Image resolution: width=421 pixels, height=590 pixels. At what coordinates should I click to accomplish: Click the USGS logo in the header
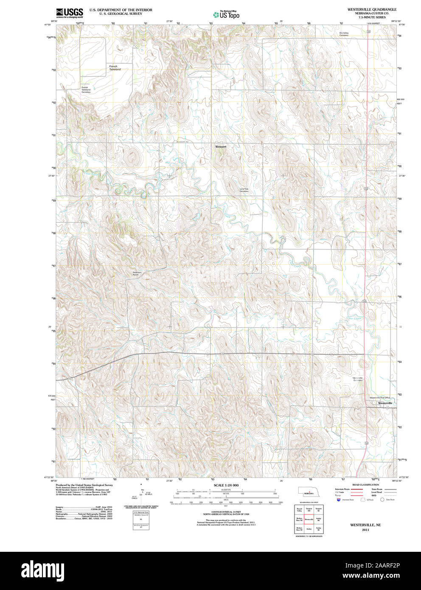click(x=70, y=13)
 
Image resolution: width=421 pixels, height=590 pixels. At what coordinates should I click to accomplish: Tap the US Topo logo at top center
click(x=226, y=15)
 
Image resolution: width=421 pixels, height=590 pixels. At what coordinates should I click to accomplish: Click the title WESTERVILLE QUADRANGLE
click(x=366, y=9)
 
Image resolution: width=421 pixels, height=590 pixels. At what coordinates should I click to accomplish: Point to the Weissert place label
click(x=221, y=146)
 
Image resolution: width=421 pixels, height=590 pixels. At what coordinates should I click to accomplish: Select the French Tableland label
click(x=115, y=68)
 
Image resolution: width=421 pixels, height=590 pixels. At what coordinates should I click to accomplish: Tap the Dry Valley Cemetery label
click(x=344, y=34)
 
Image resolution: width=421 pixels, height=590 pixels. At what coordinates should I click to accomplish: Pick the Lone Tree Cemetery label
click(x=244, y=191)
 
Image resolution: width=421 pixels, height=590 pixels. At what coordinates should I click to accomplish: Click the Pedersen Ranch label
click(x=136, y=274)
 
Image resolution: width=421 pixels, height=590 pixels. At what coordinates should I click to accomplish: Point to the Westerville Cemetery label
click(x=358, y=379)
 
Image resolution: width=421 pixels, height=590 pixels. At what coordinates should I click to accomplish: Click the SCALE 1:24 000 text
click(x=226, y=485)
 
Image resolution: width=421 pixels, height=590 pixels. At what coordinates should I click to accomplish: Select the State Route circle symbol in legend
click(x=382, y=500)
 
